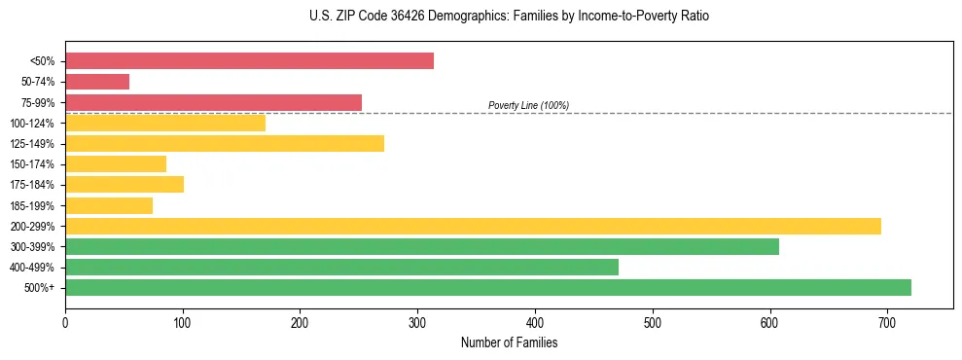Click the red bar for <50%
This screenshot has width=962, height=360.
[249, 61]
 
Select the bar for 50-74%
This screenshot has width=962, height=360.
[97, 82]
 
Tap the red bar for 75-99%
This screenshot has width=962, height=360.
[213, 102]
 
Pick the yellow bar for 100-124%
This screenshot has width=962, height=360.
[165, 123]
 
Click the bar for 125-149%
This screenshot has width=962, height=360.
[225, 143]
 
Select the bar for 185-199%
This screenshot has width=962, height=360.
[109, 205]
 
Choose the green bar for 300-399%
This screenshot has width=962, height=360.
[422, 246]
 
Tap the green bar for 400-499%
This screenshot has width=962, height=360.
[341, 267]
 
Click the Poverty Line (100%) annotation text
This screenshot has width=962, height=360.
[528, 105]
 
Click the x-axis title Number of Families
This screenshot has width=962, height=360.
[509, 342]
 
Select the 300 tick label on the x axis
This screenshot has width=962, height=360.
[417, 321]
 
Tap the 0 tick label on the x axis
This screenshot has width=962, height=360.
[65, 321]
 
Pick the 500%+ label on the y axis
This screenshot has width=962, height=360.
[40, 288]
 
